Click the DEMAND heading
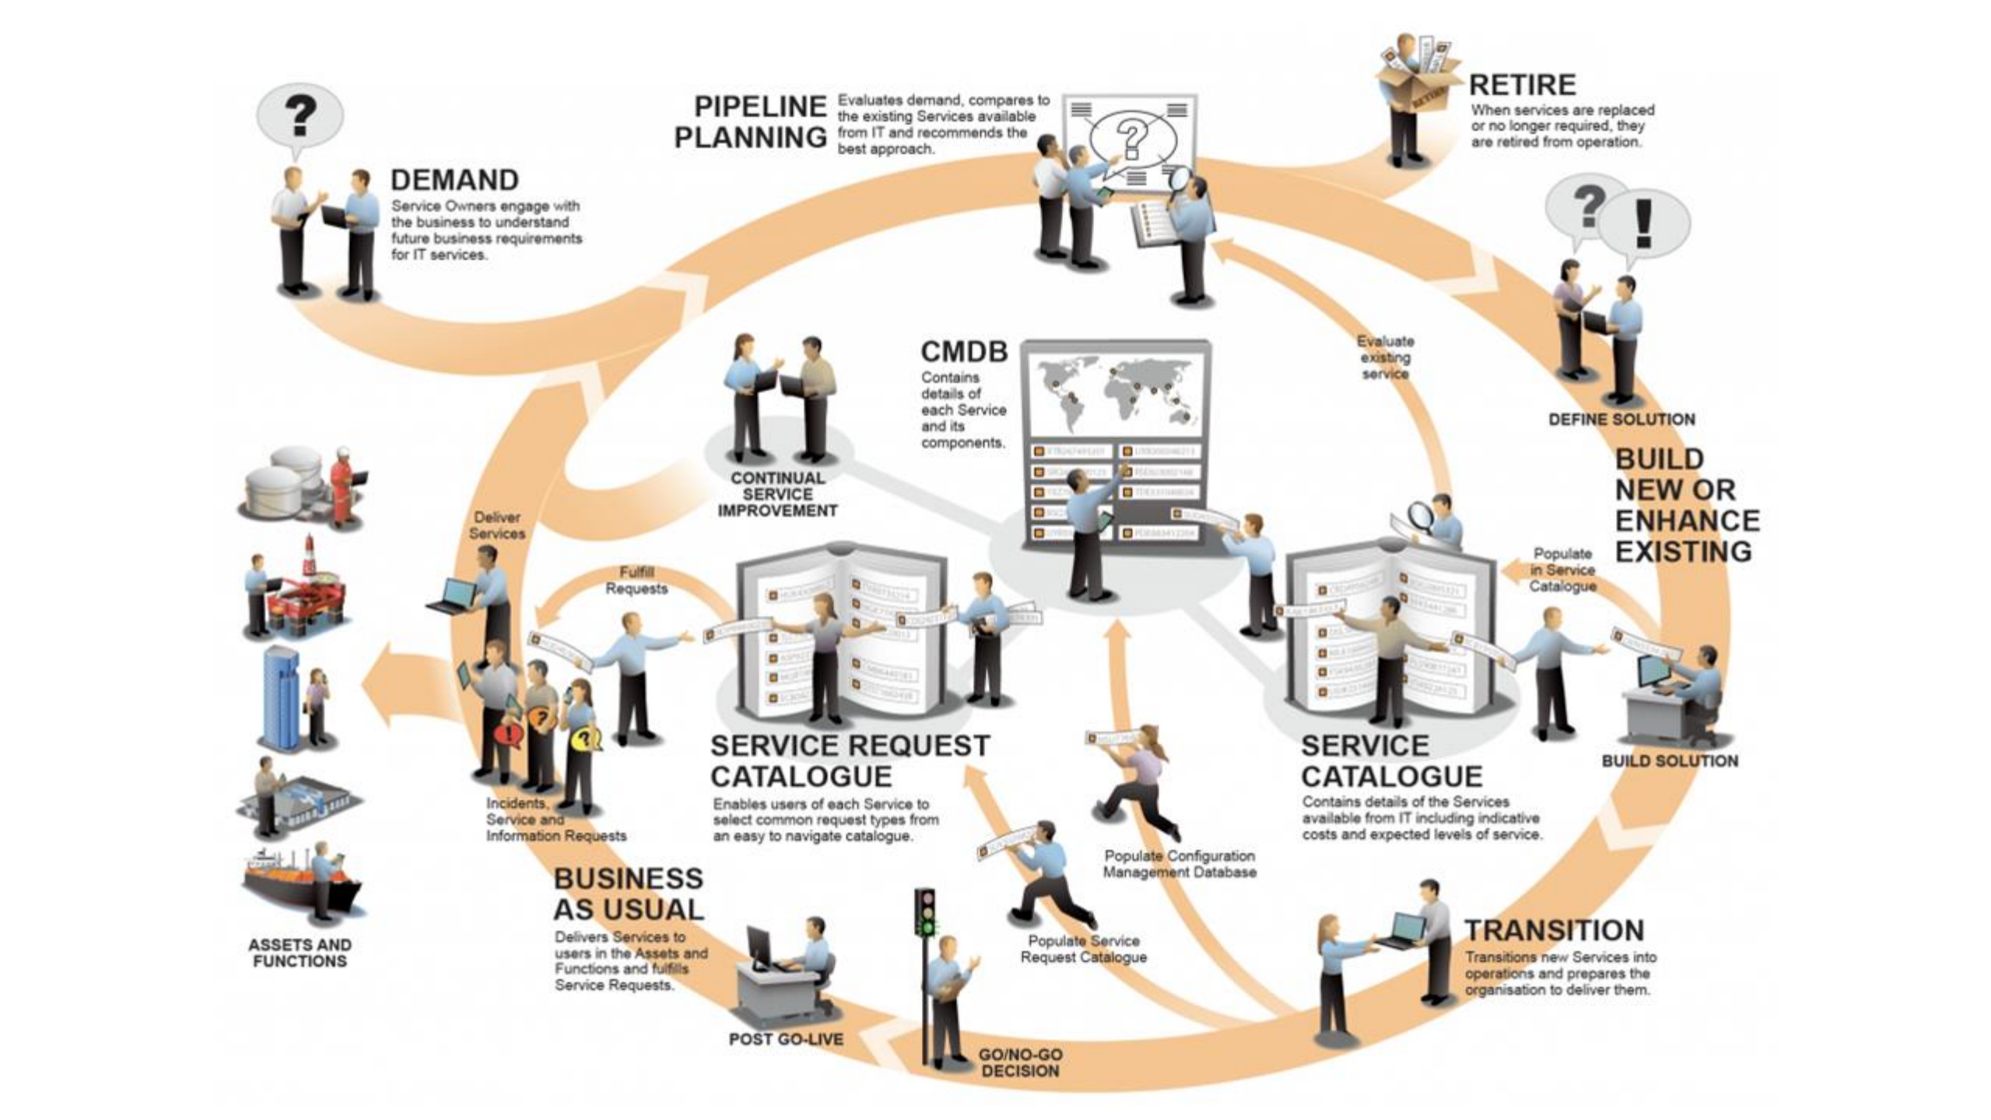pos(454,180)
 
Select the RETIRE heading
pos(1522,84)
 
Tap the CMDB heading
pos(964,352)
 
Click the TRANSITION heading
pos(1554,930)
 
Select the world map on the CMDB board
pos(1116,392)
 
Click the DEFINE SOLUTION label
pos(1621,420)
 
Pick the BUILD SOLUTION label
pos(1670,761)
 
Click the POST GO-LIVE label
pos(786,1039)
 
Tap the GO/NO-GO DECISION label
pos(1020,1062)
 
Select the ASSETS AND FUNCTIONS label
pos(300,953)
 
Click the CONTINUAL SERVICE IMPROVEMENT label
pos(777,494)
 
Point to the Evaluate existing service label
pos(1385,357)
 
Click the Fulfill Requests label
pos(636,581)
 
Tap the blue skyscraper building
pos(280,697)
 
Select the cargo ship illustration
pos(300,883)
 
